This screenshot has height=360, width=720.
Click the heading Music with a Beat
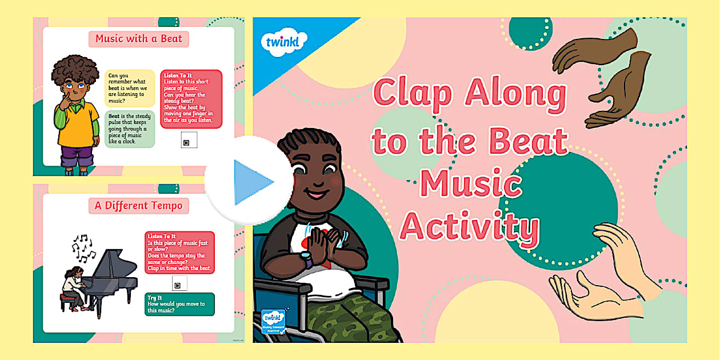(138, 39)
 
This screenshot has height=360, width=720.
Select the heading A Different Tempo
(138, 206)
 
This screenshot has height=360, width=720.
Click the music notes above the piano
(82, 247)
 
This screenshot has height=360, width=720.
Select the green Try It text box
(179, 305)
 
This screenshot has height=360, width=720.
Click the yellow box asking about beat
(129, 89)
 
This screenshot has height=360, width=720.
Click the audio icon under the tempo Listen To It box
(179, 284)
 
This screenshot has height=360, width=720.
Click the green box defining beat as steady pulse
(129, 129)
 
